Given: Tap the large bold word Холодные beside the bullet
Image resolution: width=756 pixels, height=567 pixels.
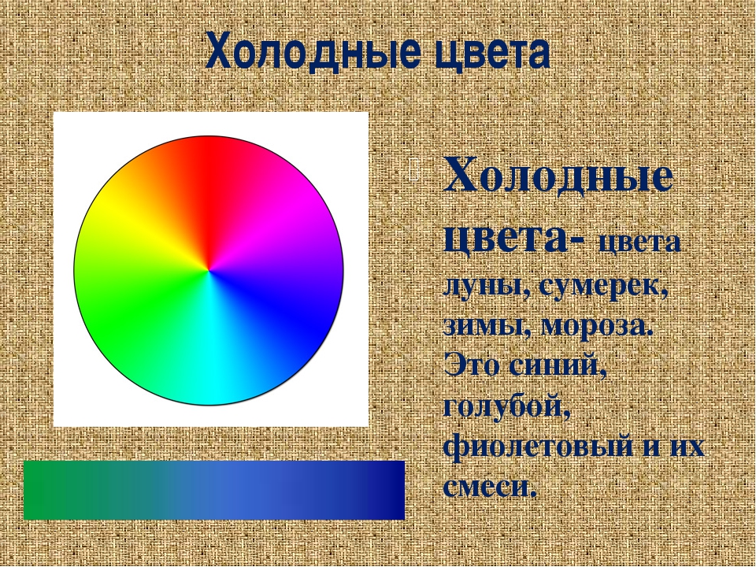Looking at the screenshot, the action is tap(558, 175).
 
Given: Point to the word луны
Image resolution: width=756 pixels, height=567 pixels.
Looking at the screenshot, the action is tap(486, 287).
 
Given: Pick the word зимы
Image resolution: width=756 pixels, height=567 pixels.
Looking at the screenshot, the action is tap(486, 326).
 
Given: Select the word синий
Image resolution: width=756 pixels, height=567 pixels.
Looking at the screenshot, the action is tap(558, 365).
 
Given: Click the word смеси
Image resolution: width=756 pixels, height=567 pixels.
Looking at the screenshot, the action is tap(489, 487).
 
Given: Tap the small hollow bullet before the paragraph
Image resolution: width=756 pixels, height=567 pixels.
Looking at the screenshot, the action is tap(413, 169).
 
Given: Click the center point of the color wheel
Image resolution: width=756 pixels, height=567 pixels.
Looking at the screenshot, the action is tap(209, 271).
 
